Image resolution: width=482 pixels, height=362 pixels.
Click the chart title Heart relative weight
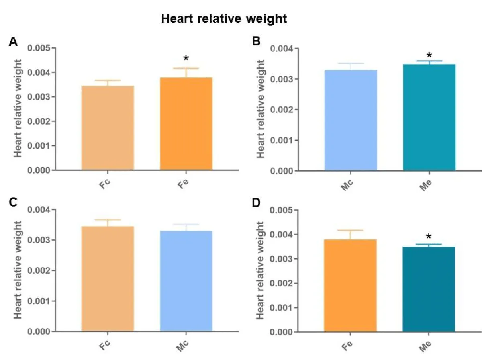pos(224,19)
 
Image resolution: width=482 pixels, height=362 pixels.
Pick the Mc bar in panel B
pos(351,120)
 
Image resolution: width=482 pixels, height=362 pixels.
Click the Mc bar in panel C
pos(186,281)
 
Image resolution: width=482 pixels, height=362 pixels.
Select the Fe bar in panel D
pos(350,285)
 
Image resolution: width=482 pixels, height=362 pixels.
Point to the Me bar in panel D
pos(429,289)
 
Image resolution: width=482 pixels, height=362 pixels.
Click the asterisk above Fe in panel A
pos(186,59)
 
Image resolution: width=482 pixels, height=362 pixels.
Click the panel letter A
pos(13,42)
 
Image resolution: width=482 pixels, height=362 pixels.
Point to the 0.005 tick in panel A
pos(39,48)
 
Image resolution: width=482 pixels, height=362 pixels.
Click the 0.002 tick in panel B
pos(282,110)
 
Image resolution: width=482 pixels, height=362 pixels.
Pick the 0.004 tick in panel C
pos(39,210)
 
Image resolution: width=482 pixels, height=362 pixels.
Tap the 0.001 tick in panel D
pos(282,307)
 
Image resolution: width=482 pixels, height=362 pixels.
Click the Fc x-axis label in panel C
pos(106,345)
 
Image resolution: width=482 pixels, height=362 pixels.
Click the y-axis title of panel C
pos(18,270)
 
